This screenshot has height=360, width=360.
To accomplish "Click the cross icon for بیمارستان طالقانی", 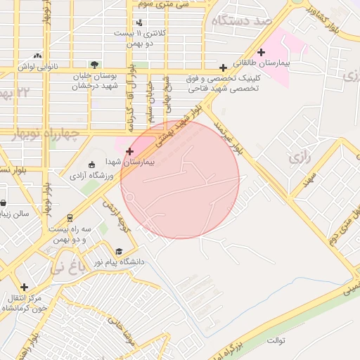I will [262, 52].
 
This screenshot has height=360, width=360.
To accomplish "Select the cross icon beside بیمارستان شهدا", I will [129, 151].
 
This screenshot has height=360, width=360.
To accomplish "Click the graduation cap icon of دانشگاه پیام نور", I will [119, 251].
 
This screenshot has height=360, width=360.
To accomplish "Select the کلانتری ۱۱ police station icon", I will [140, 23].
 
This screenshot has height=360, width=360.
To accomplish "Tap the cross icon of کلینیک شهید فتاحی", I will [223, 68].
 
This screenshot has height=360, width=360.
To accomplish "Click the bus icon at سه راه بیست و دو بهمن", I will [70, 218].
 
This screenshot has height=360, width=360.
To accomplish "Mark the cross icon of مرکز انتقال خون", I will [25, 287].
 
